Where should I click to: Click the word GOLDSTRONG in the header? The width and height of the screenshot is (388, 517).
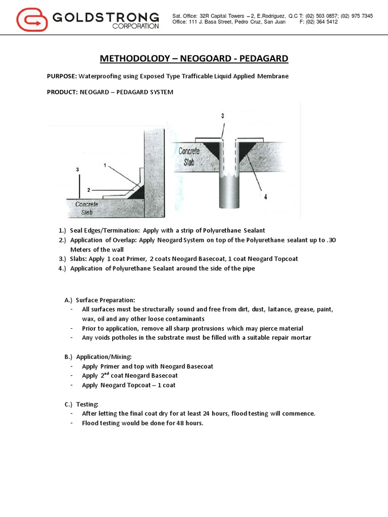[x=105, y=18]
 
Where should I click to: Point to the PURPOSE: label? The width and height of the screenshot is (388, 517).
[x=62, y=76]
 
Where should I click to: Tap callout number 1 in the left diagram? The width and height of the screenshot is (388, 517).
[x=105, y=165]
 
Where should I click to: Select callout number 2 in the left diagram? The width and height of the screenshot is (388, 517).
[x=88, y=190]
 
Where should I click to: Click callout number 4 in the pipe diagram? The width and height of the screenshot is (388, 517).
[x=265, y=197]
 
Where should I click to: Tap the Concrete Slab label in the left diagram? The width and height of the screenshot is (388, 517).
[x=87, y=208]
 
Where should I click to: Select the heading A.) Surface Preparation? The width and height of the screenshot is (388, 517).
[x=100, y=300]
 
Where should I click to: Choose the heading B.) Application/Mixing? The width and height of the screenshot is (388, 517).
[x=99, y=356]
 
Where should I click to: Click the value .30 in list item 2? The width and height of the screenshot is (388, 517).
[x=331, y=240]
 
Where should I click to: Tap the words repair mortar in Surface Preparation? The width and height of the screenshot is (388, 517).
[x=292, y=338]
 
